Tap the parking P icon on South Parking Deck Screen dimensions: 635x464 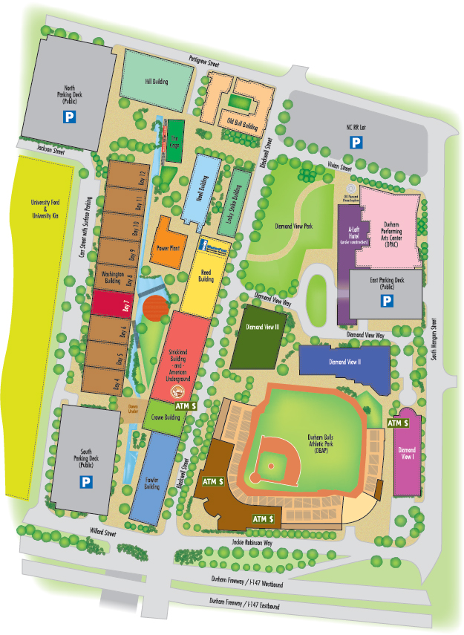coord(86,482)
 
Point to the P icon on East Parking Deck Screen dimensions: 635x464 coord(386,301)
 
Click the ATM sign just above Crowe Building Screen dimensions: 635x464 coord(186,406)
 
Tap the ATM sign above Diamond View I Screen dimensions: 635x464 coord(399,423)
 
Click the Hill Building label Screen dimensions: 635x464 coord(154,83)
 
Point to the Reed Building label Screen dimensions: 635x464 coord(207,276)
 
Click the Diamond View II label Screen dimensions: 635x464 coord(344,362)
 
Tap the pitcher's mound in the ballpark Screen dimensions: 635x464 coord(272,466)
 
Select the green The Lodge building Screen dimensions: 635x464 coord(175,139)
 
